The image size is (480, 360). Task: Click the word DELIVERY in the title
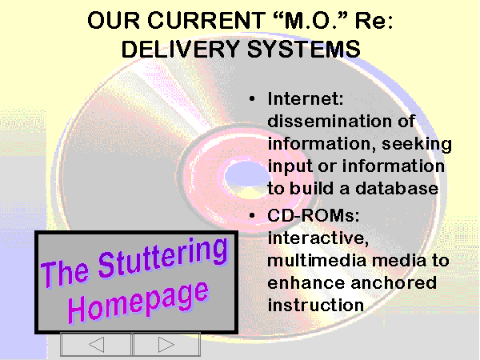pos(181,49)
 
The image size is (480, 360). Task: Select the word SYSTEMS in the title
pos(304,49)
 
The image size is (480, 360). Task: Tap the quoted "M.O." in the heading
pos(310,20)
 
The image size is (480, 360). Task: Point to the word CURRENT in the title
pos(206,20)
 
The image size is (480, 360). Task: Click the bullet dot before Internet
pos(252,98)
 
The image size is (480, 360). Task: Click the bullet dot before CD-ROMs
pos(252,215)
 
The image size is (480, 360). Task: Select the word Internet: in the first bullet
pos(306,98)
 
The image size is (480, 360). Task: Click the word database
pos(397,188)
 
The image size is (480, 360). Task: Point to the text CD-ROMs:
pos(314,215)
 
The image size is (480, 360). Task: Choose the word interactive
pos(318,238)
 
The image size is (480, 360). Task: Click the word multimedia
pos(317,261)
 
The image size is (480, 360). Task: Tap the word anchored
pos(394,283)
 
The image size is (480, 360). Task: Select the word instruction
pos(316,306)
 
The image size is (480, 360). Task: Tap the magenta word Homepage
pos(138,302)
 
